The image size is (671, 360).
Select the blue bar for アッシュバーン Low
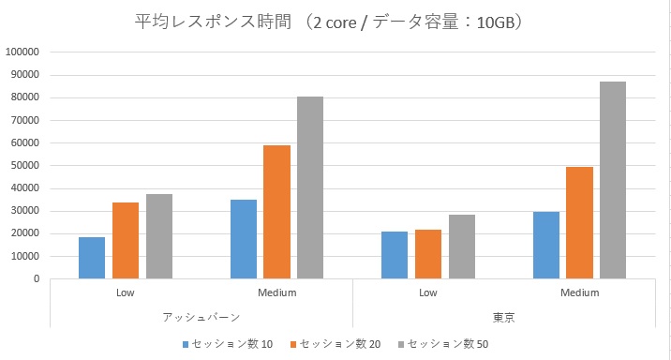[92, 258]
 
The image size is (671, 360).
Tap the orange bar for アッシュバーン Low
[126, 241]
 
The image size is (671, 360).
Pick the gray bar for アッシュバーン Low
[159, 236]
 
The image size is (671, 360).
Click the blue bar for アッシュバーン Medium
[244, 239]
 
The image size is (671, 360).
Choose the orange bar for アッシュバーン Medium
[277, 212]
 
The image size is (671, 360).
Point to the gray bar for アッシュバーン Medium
[310, 187]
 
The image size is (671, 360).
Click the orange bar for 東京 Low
[428, 254]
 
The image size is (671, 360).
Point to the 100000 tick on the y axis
[22, 52]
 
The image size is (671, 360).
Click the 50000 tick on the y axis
[24, 166]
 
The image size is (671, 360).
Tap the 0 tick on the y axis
[36, 279]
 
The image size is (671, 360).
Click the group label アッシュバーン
[201, 318]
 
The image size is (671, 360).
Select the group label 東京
[503, 318]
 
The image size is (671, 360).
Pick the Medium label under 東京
[579, 292]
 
